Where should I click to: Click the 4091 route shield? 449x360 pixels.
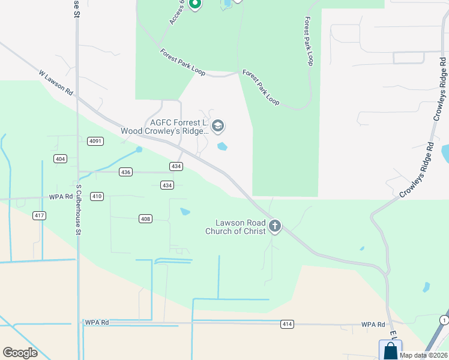(95, 141)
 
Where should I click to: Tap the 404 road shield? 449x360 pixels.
(59, 158)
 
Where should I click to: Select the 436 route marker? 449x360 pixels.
(125, 172)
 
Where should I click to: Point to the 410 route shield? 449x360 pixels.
(97, 196)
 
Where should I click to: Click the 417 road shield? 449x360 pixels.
(40, 215)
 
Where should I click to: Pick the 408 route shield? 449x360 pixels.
(145, 218)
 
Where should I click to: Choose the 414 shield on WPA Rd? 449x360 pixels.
(287, 325)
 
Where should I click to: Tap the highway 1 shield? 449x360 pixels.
(444, 319)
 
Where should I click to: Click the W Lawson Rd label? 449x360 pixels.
(56, 83)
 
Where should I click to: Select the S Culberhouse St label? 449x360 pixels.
(78, 209)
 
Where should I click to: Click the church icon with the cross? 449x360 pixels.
(275, 226)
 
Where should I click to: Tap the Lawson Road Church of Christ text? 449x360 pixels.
(235, 227)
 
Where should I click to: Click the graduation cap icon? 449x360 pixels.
(218, 125)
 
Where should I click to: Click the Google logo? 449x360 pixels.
(20, 353)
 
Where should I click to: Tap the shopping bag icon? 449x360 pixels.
(390, 350)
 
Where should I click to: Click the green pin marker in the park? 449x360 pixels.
(194, 4)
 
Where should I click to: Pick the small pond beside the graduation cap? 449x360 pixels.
(222, 146)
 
